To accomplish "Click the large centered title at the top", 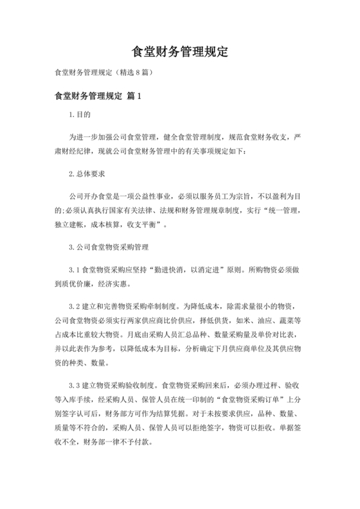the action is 180,51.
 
